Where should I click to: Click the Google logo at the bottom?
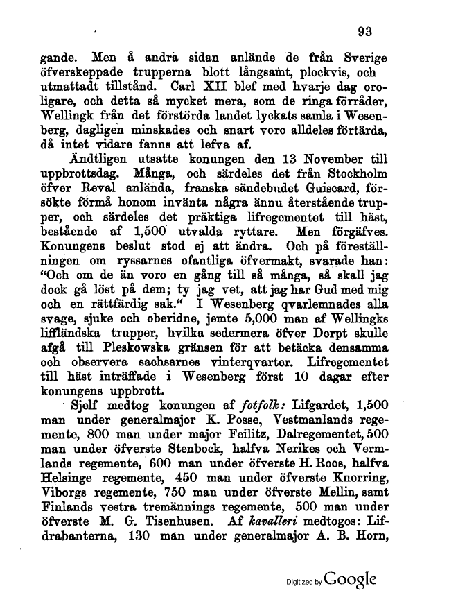pyautogui.click(x=350, y=578)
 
